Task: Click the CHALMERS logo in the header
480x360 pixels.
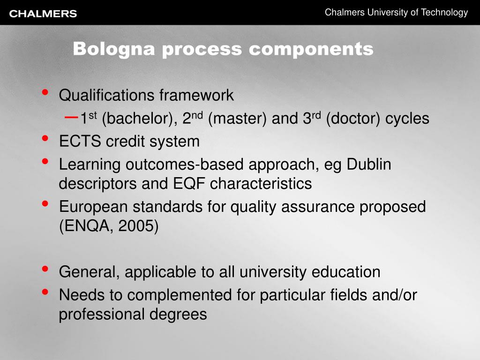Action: [43, 14]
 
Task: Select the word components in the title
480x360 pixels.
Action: [311, 49]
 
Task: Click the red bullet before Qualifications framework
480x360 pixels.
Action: [45, 92]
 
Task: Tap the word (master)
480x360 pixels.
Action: [238, 119]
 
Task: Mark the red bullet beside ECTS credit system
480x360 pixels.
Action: [45, 138]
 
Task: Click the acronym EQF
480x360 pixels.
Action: [186, 183]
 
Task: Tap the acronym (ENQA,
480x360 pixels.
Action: [86, 225]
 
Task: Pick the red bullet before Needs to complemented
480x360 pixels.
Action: [45, 292]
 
